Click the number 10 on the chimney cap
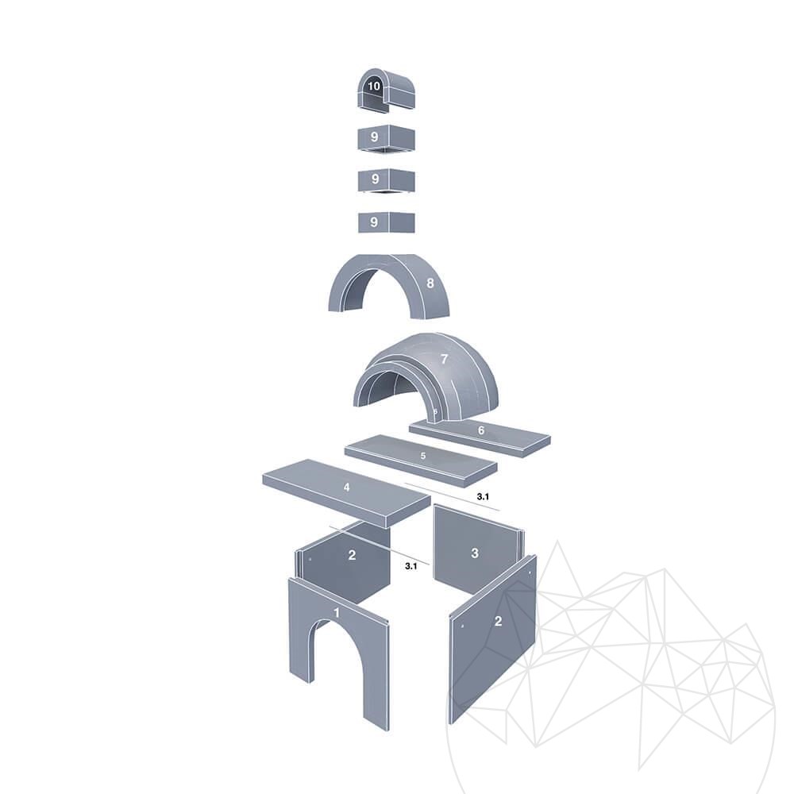tap(374, 86)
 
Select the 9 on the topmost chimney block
tap(374, 137)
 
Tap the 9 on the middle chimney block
tap(376, 179)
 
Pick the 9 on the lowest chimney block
tap(374, 222)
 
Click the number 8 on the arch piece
tap(430, 283)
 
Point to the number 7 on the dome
tap(444, 359)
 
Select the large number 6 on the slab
tap(481, 430)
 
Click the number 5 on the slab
tap(423, 457)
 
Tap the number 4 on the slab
tap(346, 488)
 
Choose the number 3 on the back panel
tap(475, 553)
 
